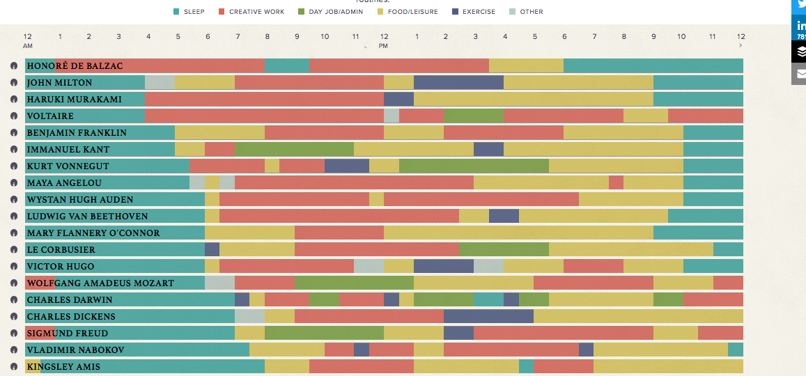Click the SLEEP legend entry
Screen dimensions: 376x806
189,12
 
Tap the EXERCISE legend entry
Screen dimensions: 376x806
474,12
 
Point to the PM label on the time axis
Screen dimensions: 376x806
383,46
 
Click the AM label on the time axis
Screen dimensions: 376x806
28,46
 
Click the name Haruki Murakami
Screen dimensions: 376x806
74,100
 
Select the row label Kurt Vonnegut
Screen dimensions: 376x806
67,166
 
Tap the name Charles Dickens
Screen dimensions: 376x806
70,317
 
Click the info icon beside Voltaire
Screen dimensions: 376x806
14,116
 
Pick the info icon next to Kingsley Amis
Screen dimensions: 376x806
14,367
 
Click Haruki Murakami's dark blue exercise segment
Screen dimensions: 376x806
398,99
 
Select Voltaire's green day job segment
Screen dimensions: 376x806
474,116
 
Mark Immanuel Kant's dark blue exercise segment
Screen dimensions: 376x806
488,149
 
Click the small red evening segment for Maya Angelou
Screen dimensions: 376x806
616,182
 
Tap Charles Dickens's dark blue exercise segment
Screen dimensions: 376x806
488,316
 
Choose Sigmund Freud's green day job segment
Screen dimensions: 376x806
324,333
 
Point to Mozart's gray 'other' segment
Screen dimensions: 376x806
219,283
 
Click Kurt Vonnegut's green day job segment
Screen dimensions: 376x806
474,166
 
